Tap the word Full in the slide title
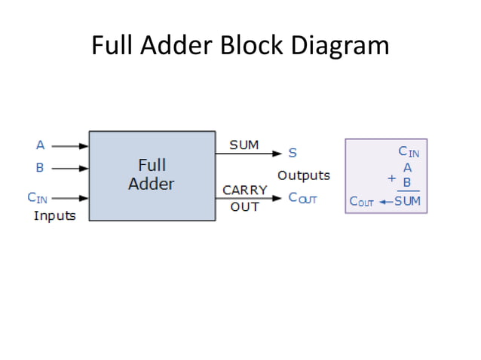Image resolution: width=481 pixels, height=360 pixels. pyautogui.click(x=111, y=46)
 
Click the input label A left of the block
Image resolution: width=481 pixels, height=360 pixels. pyautogui.click(x=41, y=145)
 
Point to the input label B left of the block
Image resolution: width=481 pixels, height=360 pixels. pyautogui.click(x=41, y=167)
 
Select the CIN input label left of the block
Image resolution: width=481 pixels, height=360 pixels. pyautogui.click(x=38, y=198)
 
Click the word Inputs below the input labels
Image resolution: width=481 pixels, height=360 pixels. pyautogui.click(x=55, y=215)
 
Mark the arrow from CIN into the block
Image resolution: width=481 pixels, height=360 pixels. pyautogui.click(x=72, y=198)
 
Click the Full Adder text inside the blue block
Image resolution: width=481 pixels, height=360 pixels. pyautogui.click(x=152, y=175)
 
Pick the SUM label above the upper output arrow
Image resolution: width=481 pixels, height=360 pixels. pyautogui.click(x=244, y=145)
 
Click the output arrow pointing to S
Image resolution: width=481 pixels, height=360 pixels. pyautogui.click(x=250, y=154)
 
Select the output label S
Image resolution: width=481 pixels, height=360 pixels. pyautogui.click(x=293, y=154)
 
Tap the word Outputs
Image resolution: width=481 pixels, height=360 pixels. pyautogui.click(x=304, y=175)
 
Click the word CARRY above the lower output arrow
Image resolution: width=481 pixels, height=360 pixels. pyautogui.click(x=244, y=190)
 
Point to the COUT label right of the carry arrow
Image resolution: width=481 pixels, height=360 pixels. pyautogui.click(x=303, y=198)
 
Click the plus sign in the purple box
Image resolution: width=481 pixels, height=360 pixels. pyautogui.click(x=391, y=178)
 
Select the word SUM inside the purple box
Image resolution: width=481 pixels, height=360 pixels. pyautogui.click(x=408, y=202)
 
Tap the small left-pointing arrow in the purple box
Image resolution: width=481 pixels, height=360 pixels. pyautogui.click(x=385, y=202)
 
